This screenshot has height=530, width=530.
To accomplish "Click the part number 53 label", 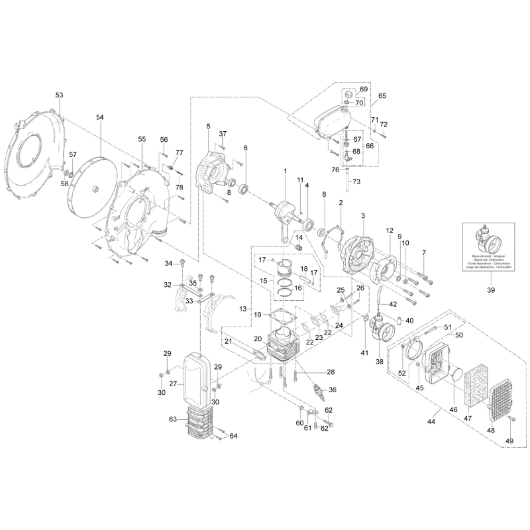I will coord(59,96).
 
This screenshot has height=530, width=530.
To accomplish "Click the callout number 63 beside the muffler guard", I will coord(173,419).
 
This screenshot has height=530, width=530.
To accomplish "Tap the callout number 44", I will coord(431,422).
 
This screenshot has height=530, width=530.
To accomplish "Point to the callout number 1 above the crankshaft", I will coord(285,172).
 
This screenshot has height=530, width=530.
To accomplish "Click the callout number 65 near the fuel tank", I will coord(382,95).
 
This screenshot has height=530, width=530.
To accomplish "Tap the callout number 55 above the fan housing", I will coord(142,139).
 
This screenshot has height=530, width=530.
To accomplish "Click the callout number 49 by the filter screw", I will coord(509,441).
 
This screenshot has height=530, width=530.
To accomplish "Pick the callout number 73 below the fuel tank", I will coord(356,182).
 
